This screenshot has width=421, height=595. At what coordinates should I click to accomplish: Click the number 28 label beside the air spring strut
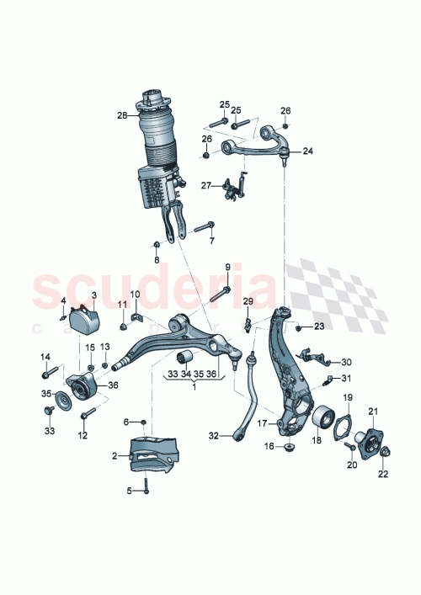pos(121,115)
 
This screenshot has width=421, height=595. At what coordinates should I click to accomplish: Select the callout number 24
pos(307,151)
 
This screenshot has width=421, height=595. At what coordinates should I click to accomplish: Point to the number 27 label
pos(205,185)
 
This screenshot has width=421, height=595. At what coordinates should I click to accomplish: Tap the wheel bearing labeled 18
pos(321,417)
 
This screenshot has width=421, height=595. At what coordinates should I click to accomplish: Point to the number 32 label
pos(214,435)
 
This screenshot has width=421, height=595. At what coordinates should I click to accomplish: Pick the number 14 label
pos(46,356)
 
